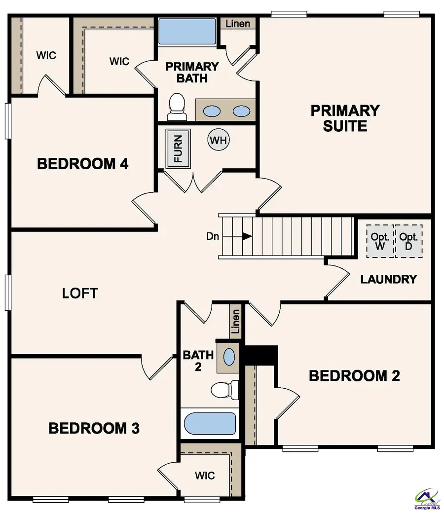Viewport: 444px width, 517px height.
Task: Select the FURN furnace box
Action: pyautogui.click(x=178, y=149)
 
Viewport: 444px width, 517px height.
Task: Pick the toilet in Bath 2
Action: pyautogui.click(x=225, y=389)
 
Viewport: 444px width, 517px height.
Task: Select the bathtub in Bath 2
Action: pyautogui.click(x=210, y=423)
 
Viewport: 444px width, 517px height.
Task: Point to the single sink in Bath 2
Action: pyautogui.click(x=229, y=356)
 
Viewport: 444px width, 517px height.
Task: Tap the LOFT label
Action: pyautogui.click(x=80, y=293)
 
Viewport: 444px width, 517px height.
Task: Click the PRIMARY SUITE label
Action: pyautogui.click(x=345, y=118)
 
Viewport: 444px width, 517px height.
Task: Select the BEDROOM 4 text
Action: pyautogui.click(x=83, y=164)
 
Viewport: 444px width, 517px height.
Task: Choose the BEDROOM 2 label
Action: pyautogui.click(x=354, y=376)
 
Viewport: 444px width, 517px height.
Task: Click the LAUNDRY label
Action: pyautogui.click(x=388, y=279)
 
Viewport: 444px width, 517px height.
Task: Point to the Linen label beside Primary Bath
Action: pyautogui.click(x=238, y=24)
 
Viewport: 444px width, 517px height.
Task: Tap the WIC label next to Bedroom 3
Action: pyautogui.click(x=205, y=476)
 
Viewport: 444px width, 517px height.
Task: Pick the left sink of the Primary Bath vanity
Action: pyautogui.click(x=212, y=111)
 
